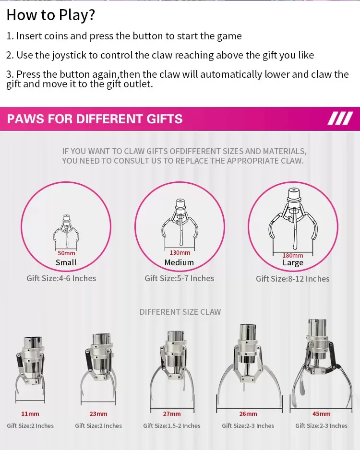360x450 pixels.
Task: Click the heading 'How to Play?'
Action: (x=50, y=15)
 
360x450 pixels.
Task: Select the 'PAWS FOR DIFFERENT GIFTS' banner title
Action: (x=95, y=119)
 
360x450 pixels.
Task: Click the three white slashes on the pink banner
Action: (x=340, y=118)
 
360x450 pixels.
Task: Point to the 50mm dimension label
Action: (x=66, y=253)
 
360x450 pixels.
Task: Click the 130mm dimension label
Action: (x=180, y=252)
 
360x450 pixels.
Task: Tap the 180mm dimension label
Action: (x=293, y=255)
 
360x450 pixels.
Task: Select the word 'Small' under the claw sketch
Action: (x=66, y=262)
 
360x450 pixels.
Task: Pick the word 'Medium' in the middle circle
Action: (x=179, y=262)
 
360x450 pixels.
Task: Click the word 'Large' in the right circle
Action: (x=293, y=263)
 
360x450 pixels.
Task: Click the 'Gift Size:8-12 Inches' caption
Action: (x=292, y=279)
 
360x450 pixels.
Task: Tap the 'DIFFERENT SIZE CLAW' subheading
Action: (x=180, y=312)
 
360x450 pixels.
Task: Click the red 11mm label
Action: (x=30, y=414)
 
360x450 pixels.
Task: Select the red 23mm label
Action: (x=98, y=414)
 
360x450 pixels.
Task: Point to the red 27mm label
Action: (x=172, y=414)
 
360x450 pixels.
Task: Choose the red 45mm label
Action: (x=321, y=414)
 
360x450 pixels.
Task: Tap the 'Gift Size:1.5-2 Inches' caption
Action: (x=172, y=426)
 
